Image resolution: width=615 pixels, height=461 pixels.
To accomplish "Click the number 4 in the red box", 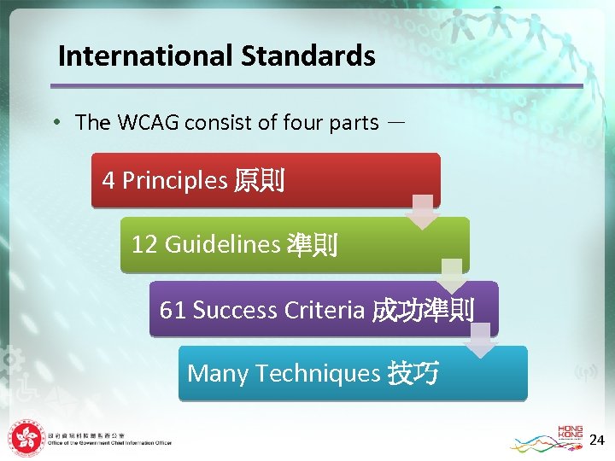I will click(108, 180).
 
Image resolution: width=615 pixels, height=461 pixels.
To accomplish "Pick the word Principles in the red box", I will click(174, 180).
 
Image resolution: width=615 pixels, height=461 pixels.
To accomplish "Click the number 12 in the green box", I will click(144, 245).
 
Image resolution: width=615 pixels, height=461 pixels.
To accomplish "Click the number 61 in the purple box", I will click(173, 310).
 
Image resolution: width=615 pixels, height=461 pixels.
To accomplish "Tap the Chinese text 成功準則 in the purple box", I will click(423, 310).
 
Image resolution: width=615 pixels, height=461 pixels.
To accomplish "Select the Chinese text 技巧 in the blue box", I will click(413, 374).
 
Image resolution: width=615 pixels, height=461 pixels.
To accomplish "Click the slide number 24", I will click(597, 440).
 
